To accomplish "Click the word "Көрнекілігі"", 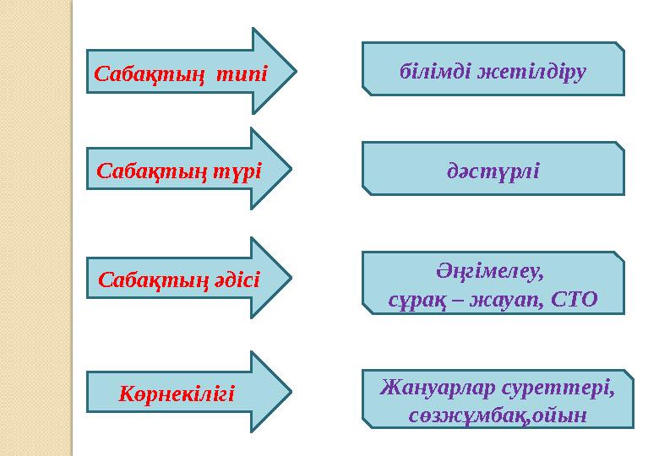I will (x=176, y=394).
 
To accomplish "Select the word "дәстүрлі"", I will (x=493, y=171).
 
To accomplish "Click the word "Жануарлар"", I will (x=433, y=389).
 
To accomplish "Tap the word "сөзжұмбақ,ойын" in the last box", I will (x=497, y=417).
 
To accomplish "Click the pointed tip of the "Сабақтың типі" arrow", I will (x=297, y=71).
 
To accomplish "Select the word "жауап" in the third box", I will (x=508, y=299).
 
